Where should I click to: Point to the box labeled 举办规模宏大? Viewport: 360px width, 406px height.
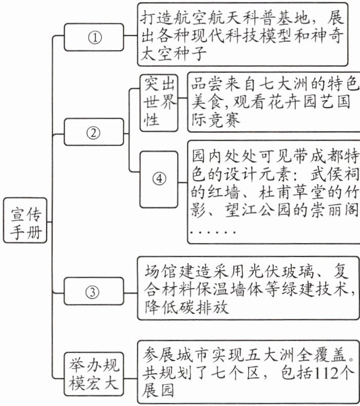[x=94, y=374]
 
